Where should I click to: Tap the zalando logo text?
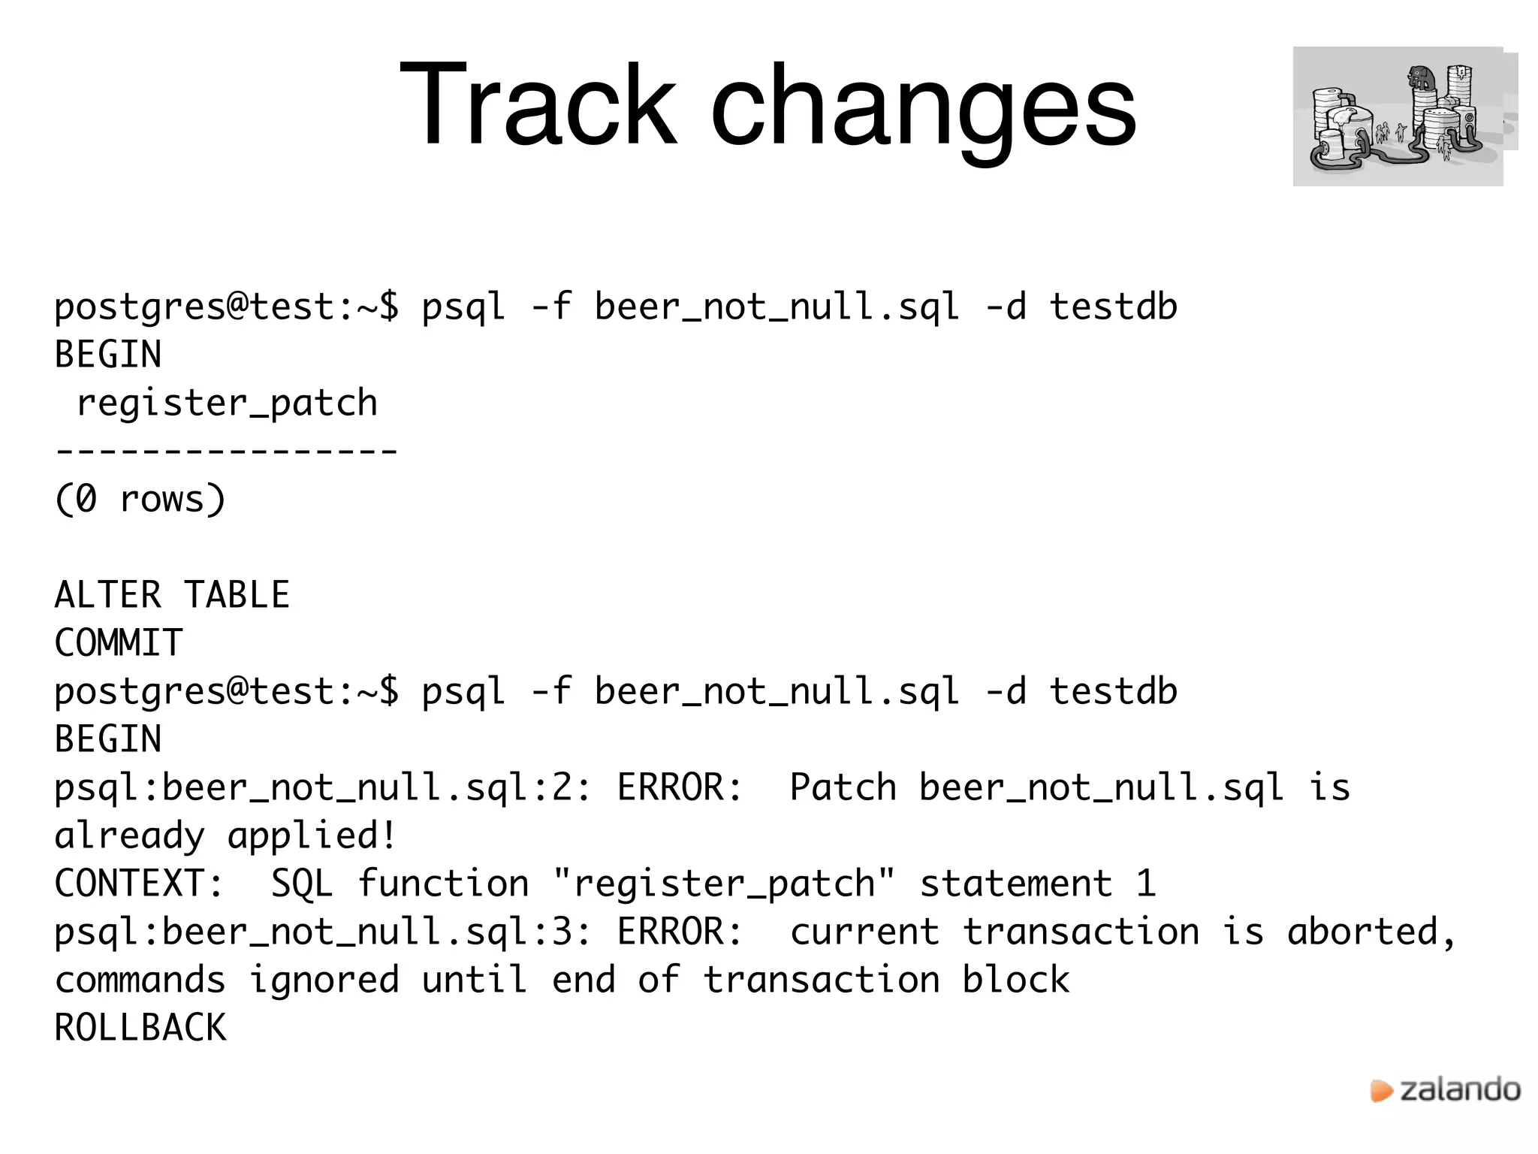pos(1460,1090)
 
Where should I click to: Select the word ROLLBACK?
pos(140,1028)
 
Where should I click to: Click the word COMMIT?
pos(119,643)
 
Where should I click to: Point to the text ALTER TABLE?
pos(172,595)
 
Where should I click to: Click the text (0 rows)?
pos(140,499)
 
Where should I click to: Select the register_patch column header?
pos(227,403)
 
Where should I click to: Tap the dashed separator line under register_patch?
pos(226,451)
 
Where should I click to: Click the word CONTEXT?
pos(140,884)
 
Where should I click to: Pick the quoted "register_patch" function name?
pos(724,884)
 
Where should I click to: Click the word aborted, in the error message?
pos(1371,932)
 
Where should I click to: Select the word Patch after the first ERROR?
pos(843,787)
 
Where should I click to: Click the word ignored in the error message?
pos(324,980)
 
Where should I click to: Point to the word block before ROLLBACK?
pos(1016,980)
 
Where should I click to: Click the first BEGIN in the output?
pos(108,355)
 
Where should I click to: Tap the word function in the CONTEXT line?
pos(443,884)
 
